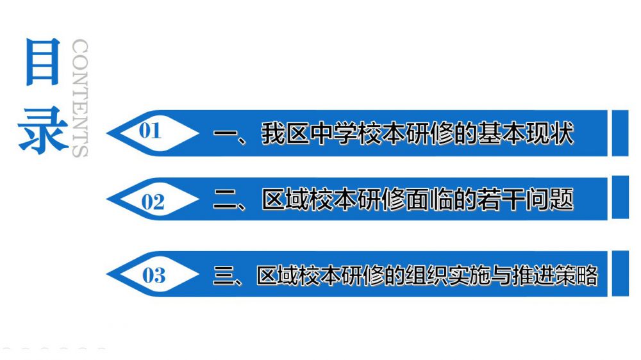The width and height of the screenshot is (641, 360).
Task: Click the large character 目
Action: tap(43, 62)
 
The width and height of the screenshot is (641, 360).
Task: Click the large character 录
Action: tap(43, 129)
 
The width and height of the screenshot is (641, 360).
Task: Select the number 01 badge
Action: tap(150, 131)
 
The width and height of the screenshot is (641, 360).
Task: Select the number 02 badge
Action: tap(153, 202)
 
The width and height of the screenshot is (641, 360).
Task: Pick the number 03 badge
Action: tap(154, 276)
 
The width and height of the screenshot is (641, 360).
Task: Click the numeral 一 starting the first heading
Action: tap(225, 135)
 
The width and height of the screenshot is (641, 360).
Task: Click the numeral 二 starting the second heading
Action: tap(225, 200)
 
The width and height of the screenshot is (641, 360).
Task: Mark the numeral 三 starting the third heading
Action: tap(225, 275)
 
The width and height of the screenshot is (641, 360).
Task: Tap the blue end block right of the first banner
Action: tap(620, 133)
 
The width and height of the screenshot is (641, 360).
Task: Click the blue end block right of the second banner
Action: tap(620, 198)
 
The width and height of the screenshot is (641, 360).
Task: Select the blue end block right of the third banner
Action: tap(620, 274)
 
